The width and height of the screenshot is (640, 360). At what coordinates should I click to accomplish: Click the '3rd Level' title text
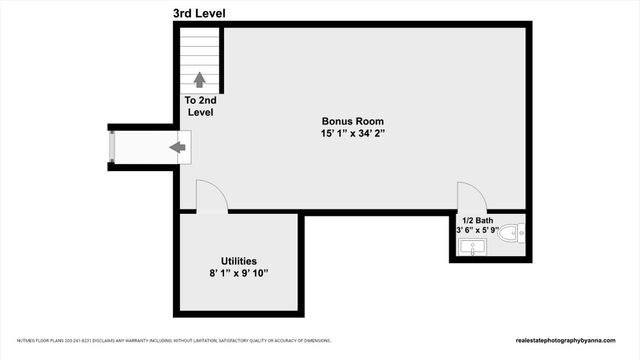point(199,12)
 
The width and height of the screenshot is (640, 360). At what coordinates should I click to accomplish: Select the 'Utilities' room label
point(239,259)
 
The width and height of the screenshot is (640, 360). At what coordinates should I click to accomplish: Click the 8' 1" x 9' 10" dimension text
point(239,272)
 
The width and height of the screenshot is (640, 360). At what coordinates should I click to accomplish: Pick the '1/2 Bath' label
point(477,220)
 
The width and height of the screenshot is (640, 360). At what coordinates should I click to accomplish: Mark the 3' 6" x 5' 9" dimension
point(477,231)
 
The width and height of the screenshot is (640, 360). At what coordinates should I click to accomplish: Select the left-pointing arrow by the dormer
point(178,148)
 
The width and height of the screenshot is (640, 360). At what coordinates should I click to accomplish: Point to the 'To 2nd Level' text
point(199,107)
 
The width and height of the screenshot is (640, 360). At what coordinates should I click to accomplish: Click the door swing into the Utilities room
point(211,196)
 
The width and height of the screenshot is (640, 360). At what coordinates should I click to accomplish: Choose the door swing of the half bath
point(471,196)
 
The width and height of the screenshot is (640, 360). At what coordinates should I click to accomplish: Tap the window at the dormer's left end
point(113,148)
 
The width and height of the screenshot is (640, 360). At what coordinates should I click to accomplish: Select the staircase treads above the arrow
point(199,50)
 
